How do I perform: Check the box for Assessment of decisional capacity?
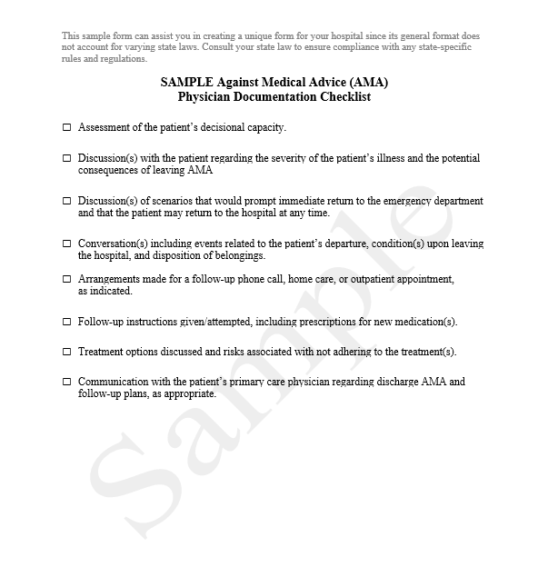[x=66, y=128]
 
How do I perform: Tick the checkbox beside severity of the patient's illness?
[x=66, y=158]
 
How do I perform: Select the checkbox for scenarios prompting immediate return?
[x=66, y=201]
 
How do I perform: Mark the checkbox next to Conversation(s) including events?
[x=66, y=244]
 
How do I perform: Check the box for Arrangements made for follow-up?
[x=66, y=279]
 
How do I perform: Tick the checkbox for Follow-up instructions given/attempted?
[x=66, y=322]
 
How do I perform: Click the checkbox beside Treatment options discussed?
[x=66, y=352]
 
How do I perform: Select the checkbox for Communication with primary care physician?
[x=66, y=382]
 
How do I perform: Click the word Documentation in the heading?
[x=274, y=96]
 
